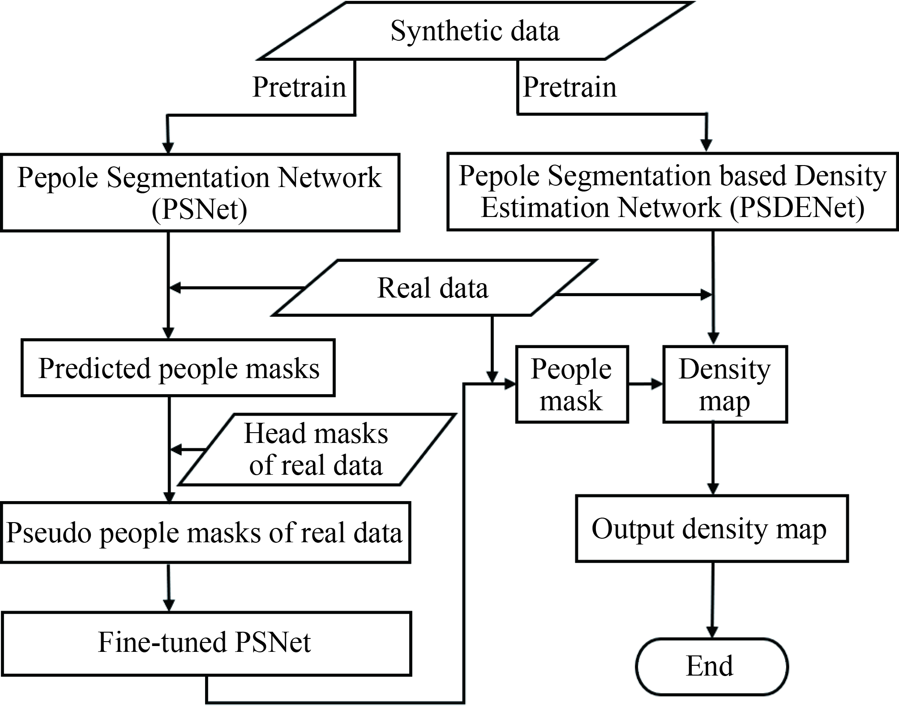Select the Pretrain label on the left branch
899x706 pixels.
tap(299, 87)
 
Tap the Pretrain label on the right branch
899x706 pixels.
tap(569, 87)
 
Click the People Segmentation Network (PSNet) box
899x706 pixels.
tap(200, 193)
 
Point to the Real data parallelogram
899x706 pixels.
tap(432, 288)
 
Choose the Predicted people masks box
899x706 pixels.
tap(178, 368)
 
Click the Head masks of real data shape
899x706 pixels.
tap(316, 449)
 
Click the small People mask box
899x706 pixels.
tap(572, 384)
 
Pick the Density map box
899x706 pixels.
tap(724, 384)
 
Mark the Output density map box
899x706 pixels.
tap(711, 528)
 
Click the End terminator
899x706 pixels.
tap(711, 666)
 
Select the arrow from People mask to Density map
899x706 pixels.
tap(645, 384)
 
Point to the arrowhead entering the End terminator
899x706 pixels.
tap(711, 632)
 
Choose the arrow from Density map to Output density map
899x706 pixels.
tap(713, 459)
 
